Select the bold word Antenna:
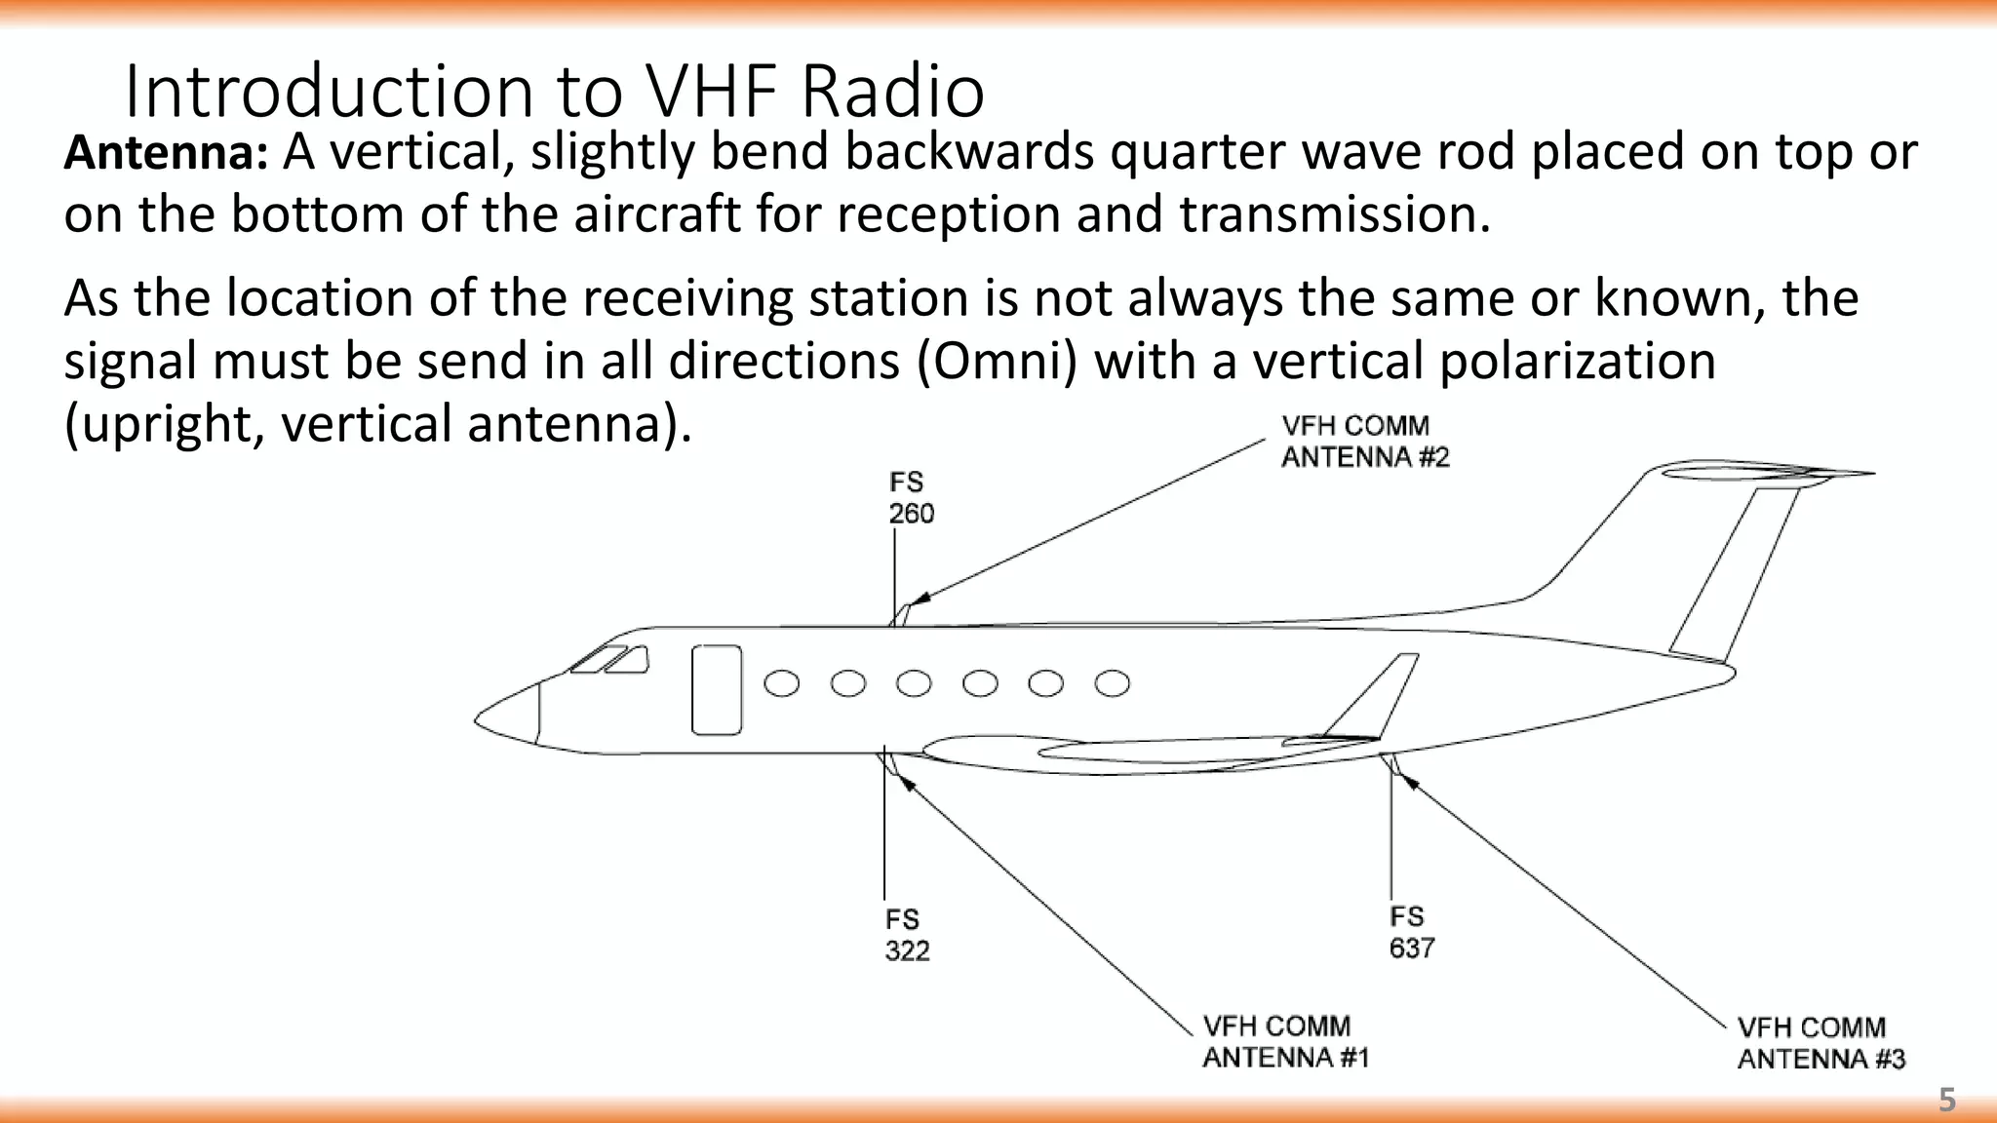click(166, 153)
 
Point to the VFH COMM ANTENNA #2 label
click(1364, 442)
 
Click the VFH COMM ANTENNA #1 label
click(1285, 1042)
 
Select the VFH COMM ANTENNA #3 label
click(1821, 1043)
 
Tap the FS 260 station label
click(911, 498)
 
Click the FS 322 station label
click(907, 935)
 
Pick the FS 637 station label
click(1411, 932)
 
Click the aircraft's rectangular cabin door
click(717, 689)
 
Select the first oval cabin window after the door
click(782, 683)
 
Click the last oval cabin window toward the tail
click(1112, 683)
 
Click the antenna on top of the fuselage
click(900, 615)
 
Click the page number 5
click(1946, 1101)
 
